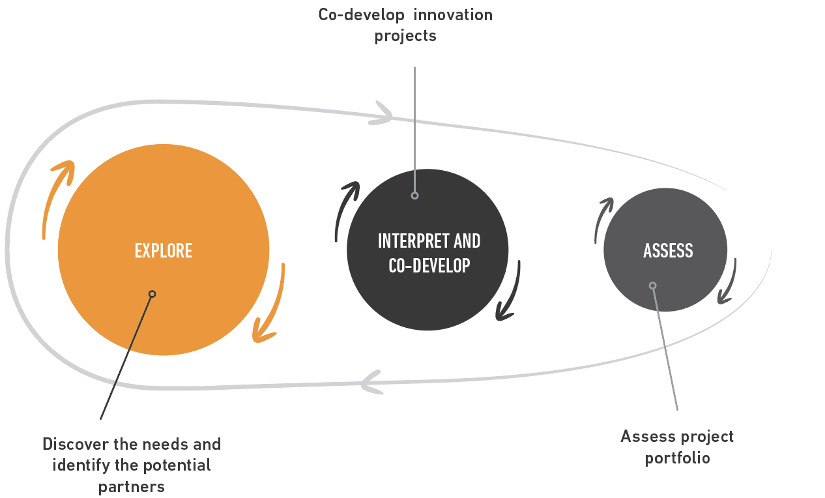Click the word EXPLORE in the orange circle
click(x=164, y=251)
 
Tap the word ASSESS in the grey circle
click(x=668, y=251)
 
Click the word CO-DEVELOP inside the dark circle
click(x=429, y=265)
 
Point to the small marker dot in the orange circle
click(x=152, y=294)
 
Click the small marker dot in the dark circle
click(x=414, y=196)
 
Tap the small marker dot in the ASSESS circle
click(x=652, y=286)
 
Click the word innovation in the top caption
click(x=453, y=15)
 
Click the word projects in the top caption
click(x=405, y=37)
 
